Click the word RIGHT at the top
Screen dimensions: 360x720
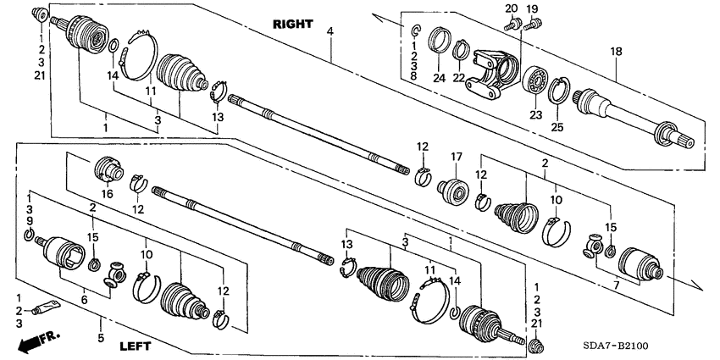pos(292,24)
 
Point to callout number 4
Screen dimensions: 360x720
pos(330,32)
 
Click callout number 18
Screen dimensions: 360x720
pos(617,52)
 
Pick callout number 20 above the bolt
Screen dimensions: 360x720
pos(510,8)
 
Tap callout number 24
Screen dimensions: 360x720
pos(439,78)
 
